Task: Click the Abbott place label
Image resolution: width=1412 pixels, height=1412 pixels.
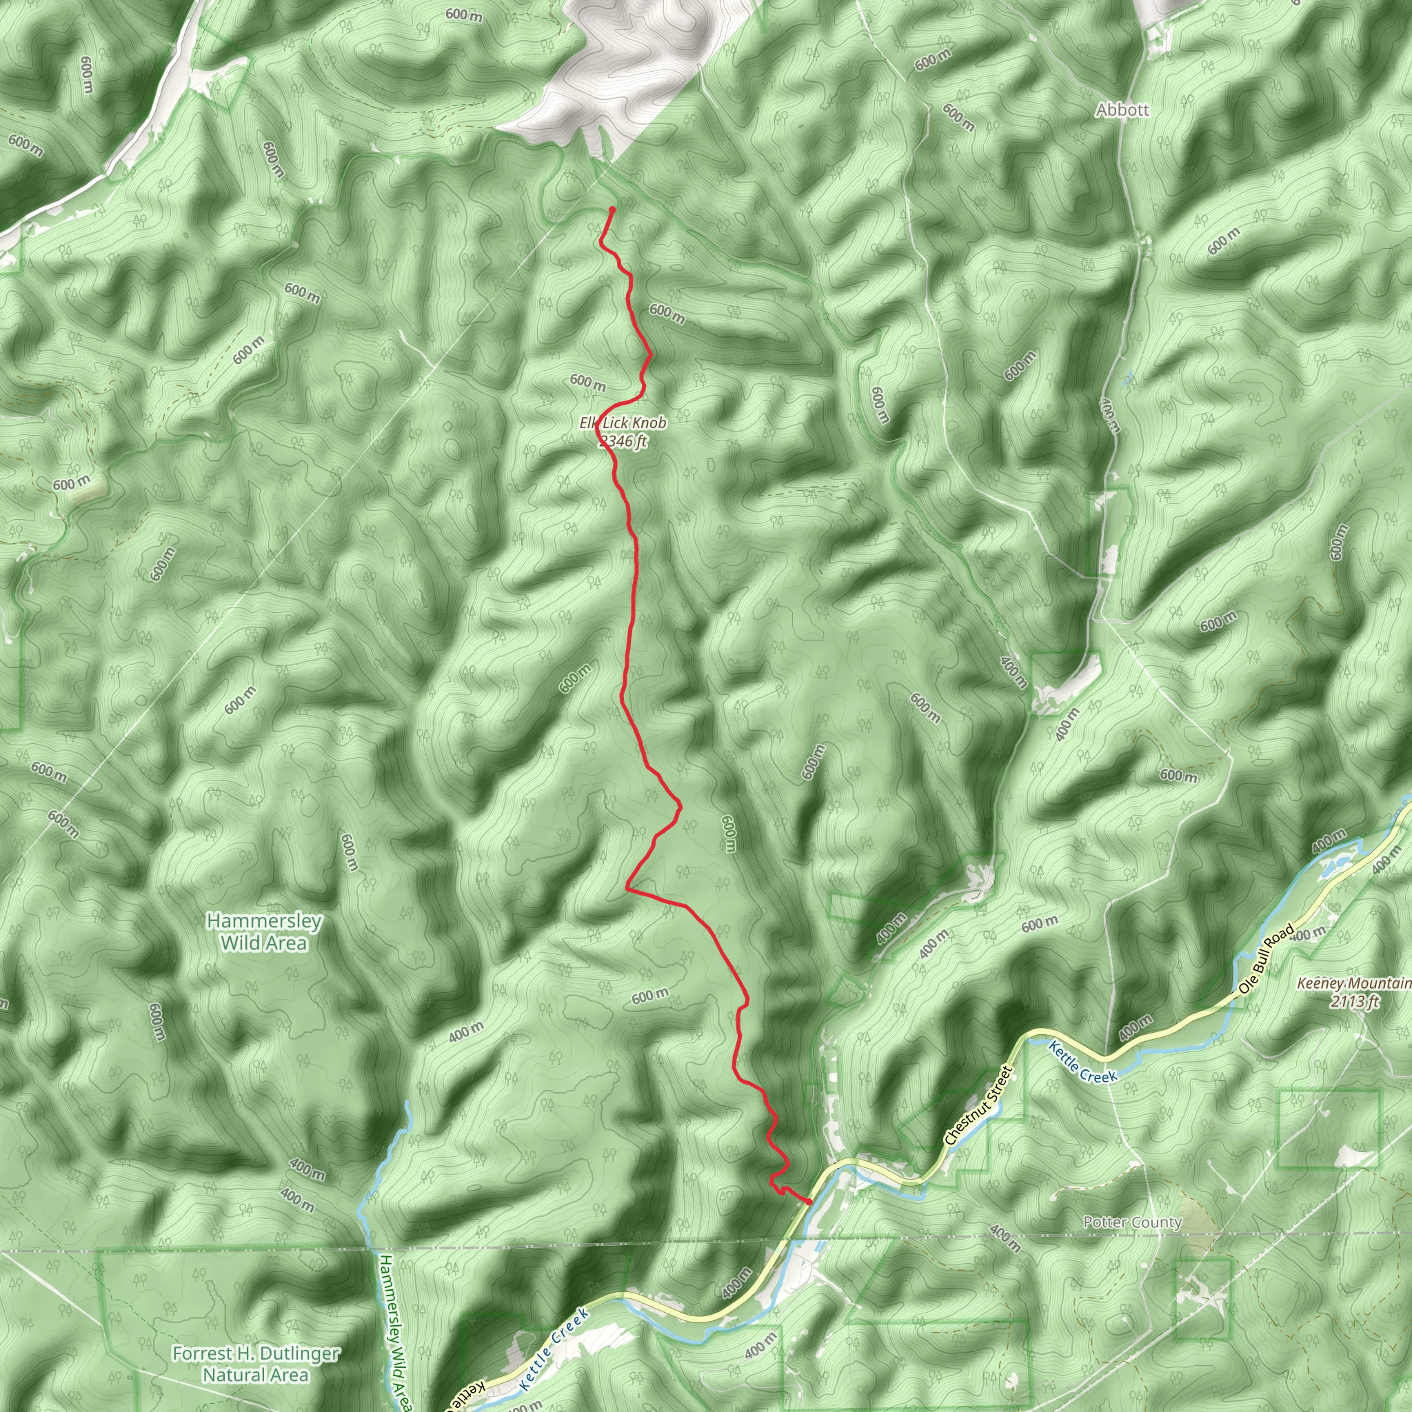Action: coord(1122,110)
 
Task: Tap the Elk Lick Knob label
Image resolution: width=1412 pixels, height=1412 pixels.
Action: coord(623,423)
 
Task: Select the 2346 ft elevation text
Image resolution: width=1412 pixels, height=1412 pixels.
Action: coord(623,441)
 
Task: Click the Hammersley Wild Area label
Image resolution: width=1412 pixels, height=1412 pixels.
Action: coord(264,932)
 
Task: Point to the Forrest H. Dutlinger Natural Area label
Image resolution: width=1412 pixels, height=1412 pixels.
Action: coord(256,1364)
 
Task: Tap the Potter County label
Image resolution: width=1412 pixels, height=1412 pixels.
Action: coord(1132,1222)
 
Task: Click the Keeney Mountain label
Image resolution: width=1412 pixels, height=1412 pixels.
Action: coord(1353,984)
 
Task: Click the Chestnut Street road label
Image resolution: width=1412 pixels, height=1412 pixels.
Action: coord(978,1105)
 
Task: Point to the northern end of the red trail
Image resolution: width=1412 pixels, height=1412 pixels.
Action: coord(612,210)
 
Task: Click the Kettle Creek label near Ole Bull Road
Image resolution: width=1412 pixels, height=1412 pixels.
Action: coord(1082,1062)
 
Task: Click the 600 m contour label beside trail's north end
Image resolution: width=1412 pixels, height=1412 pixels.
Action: coord(667,314)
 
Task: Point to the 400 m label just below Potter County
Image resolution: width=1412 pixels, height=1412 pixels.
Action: coord(1005,1239)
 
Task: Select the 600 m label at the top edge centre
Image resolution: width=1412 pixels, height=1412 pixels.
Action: coord(463,14)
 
